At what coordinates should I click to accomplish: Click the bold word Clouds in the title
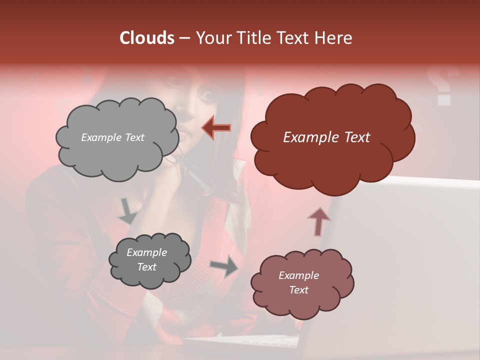tap(146, 38)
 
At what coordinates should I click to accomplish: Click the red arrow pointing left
tap(216, 128)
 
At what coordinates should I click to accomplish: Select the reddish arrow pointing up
tap(318, 221)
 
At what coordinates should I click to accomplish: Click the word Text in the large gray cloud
tap(133, 137)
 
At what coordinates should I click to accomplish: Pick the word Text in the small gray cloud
tap(147, 267)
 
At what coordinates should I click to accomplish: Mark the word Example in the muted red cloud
tap(298, 275)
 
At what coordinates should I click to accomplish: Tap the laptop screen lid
tap(400, 250)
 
